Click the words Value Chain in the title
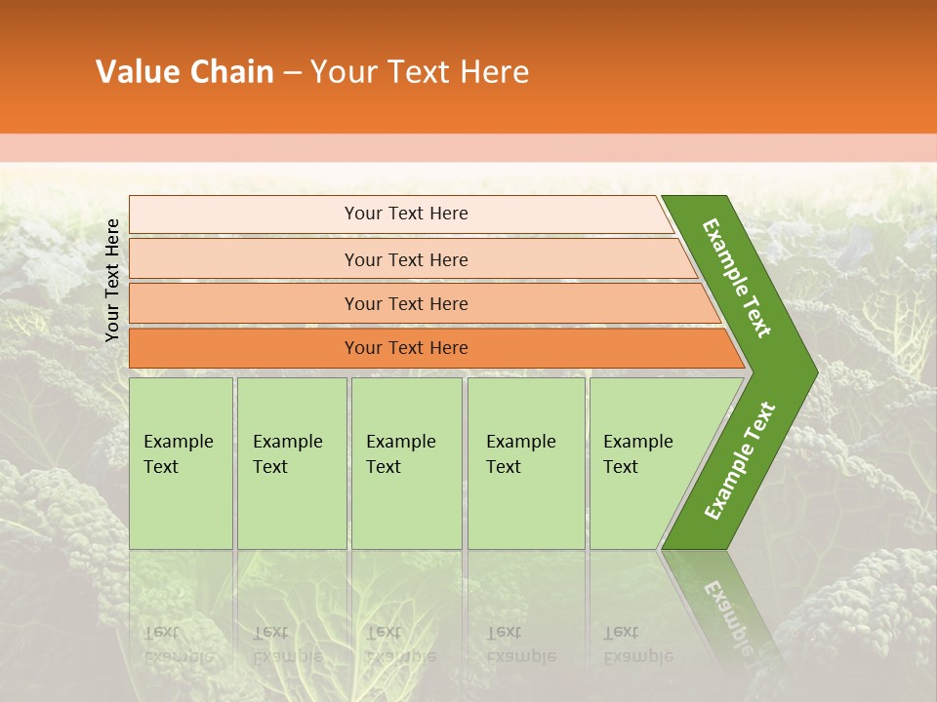(x=184, y=72)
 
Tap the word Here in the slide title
(x=494, y=72)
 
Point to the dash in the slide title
(x=292, y=73)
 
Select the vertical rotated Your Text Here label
(x=112, y=280)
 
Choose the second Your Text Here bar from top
(x=406, y=259)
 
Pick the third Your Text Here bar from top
(x=406, y=303)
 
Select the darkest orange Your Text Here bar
(x=406, y=348)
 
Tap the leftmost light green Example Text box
(x=181, y=463)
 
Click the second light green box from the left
(x=291, y=463)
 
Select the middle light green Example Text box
(x=406, y=463)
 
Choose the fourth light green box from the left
(x=526, y=463)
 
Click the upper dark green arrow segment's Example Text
(x=738, y=278)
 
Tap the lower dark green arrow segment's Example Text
(x=739, y=461)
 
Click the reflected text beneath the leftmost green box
(x=179, y=643)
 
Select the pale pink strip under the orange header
(x=468, y=148)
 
